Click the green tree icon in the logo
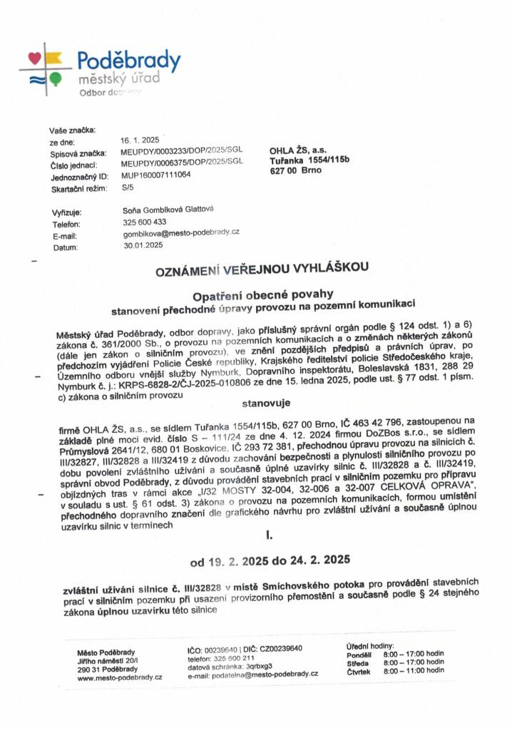click(x=56, y=77)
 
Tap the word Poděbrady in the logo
click(x=128, y=60)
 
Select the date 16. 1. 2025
click(x=140, y=140)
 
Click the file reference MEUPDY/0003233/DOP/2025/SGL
click(x=182, y=153)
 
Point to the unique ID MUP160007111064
click(x=156, y=175)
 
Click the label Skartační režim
click(x=78, y=188)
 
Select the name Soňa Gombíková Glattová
click(x=168, y=210)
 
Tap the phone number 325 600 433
click(x=144, y=222)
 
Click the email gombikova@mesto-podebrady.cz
click(x=180, y=233)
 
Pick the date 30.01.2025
click(x=143, y=245)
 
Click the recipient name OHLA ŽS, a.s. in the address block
click(x=298, y=150)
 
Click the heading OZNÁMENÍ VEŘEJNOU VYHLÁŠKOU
click(x=262, y=269)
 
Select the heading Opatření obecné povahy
click(x=264, y=295)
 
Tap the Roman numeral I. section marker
click(x=269, y=532)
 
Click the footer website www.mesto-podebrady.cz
click(x=119, y=677)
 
